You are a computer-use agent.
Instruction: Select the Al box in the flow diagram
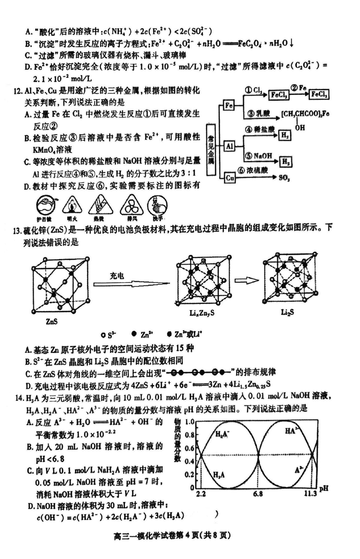pyautogui.click(x=229, y=146)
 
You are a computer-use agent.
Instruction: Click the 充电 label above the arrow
pyautogui.click(x=117, y=275)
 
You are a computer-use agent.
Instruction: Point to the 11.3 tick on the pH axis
pyautogui.click(x=310, y=494)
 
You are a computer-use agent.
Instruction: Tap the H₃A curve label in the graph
pyautogui.click(x=218, y=474)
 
